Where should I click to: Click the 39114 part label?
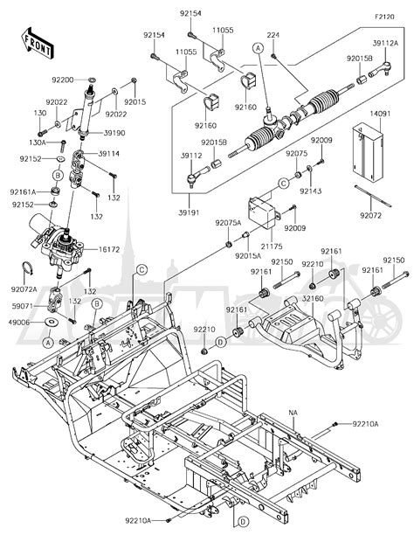point(108,154)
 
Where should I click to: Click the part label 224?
point(273,36)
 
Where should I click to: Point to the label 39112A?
point(385,43)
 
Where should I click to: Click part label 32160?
point(316,298)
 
